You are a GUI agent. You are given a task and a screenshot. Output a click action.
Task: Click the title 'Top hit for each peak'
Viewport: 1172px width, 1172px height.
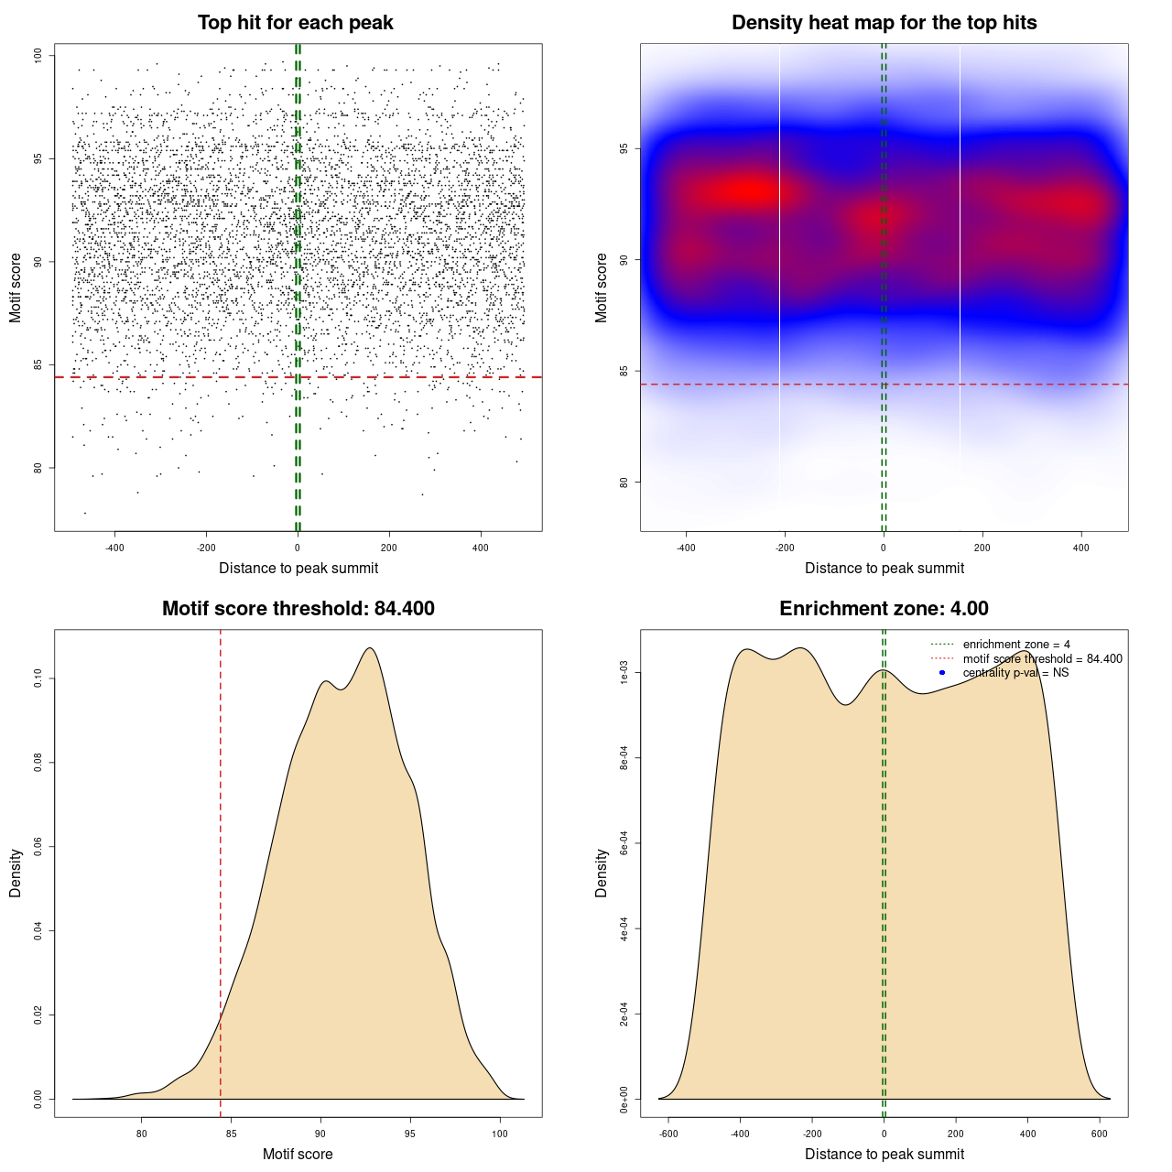tap(295, 23)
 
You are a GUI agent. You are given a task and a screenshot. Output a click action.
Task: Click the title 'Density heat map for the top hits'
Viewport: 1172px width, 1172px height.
tap(884, 23)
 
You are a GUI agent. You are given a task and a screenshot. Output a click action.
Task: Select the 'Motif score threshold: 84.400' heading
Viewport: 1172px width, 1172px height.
tap(298, 609)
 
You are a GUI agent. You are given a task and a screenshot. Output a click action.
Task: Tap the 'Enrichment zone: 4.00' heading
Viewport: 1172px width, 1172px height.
tap(884, 609)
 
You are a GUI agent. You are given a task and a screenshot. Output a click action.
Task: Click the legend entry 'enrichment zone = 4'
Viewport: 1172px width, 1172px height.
tap(1016, 645)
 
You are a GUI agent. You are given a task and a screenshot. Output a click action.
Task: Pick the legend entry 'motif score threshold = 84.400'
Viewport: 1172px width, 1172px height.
tap(1042, 658)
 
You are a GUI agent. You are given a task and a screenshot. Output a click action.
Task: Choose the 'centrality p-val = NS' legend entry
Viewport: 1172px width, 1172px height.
tap(1015, 673)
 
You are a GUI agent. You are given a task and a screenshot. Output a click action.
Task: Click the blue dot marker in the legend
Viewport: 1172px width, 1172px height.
tap(942, 673)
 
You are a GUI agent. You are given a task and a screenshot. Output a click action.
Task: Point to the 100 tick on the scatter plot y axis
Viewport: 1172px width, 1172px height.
tap(38, 56)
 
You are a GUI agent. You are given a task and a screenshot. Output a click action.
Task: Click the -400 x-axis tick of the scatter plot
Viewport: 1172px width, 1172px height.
tap(114, 548)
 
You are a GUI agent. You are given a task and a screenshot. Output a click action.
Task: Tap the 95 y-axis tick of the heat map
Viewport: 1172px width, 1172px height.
tap(624, 148)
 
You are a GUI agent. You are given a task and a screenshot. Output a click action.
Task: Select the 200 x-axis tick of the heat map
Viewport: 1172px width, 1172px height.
tap(982, 548)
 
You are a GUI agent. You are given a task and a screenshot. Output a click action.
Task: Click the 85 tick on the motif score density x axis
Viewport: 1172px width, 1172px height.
tap(231, 1134)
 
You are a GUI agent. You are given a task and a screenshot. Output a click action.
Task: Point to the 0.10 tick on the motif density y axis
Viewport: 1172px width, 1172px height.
tap(38, 678)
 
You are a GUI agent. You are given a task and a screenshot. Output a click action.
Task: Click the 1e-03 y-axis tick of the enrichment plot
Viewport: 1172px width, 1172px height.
tap(624, 673)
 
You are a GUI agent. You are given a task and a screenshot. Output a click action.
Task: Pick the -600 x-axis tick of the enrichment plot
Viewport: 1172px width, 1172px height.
tap(668, 1134)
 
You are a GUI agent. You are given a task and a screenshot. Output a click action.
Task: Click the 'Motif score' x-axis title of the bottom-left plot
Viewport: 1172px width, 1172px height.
tap(298, 1154)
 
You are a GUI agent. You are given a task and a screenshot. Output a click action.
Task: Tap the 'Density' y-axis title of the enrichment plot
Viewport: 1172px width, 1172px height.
tap(602, 873)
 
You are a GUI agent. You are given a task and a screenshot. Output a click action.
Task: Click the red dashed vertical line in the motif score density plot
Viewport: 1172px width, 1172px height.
tap(221, 870)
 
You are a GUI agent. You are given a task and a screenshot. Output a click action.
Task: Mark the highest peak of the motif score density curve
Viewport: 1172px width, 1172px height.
tap(370, 648)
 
